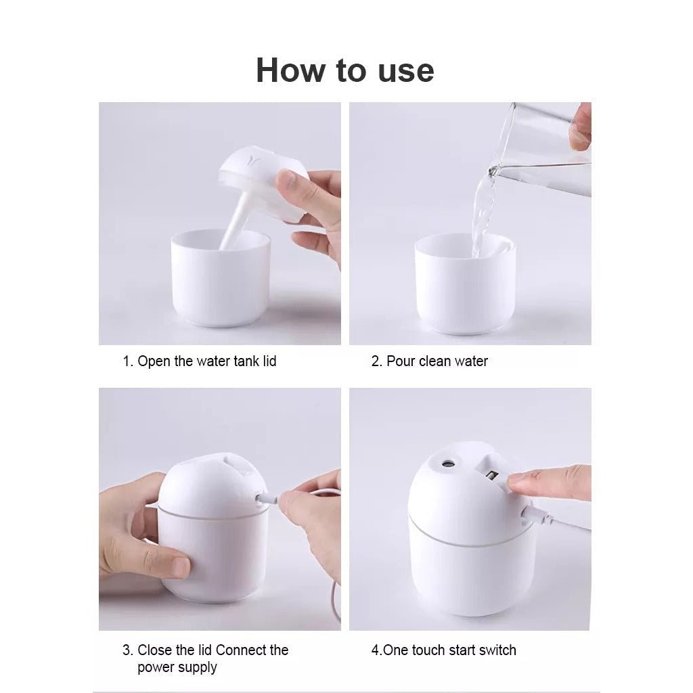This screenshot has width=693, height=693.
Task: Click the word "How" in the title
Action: click(x=290, y=70)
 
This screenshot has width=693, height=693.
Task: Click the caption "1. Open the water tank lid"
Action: click(x=200, y=361)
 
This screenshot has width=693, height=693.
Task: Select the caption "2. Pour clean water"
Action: click(x=429, y=361)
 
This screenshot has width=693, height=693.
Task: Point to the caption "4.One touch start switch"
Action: click(x=443, y=650)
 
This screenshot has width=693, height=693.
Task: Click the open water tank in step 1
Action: click(x=220, y=277)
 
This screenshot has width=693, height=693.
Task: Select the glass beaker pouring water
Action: click(x=543, y=146)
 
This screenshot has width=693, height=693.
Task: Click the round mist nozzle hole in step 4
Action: click(x=448, y=464)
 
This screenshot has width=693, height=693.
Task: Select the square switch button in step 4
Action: click(x=492, y=475)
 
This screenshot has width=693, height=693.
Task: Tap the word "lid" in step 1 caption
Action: click(x=269, y=361)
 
